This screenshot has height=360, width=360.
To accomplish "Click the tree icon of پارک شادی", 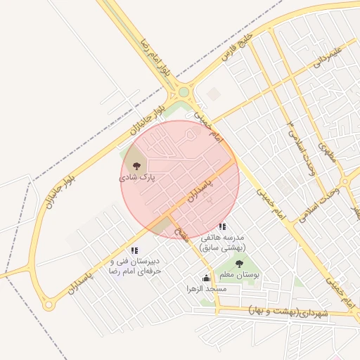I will coord(136,166).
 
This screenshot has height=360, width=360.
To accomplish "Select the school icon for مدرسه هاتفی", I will coord(222,226).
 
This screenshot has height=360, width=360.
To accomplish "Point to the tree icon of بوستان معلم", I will coord(240,264).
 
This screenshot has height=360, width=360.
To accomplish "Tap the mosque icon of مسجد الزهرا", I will coord(206,277).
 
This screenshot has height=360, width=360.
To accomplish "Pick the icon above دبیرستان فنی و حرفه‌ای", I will coord(134,250).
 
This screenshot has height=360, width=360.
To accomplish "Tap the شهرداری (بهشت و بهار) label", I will coord(289,311).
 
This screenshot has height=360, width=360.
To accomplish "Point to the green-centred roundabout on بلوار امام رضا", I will coord(184,91).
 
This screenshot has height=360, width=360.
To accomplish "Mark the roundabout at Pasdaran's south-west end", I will coord(48,306).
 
